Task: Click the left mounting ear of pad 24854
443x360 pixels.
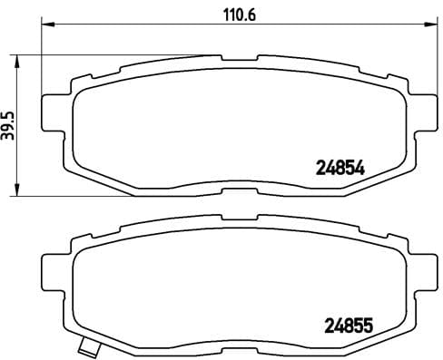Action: tap(54, 116)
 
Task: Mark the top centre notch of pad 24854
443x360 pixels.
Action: tap(240, 58)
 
